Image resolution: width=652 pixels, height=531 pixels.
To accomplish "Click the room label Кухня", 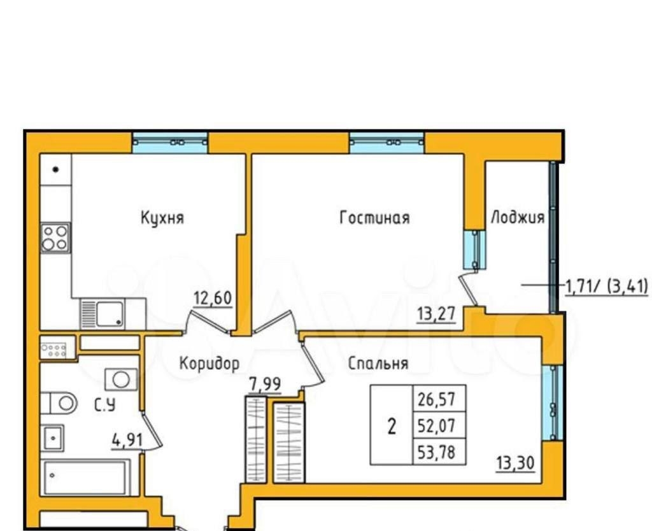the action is tap(162, 218).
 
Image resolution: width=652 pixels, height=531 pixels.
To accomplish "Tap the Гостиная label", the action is tap(374, 218).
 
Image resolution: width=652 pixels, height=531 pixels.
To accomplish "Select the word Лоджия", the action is tap(518, 218).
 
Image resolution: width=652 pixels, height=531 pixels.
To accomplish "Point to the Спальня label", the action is tap(378, 364).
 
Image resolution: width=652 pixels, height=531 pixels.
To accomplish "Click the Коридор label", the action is tap(209, 364).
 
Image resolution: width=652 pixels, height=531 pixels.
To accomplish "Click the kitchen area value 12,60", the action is tap(213, 298).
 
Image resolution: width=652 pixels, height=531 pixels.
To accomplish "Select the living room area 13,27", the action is tap(436, 314).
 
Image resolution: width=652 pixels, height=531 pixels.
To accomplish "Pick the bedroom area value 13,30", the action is tap(515, 463).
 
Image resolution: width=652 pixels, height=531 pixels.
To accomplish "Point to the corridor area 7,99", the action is tap(265, 384).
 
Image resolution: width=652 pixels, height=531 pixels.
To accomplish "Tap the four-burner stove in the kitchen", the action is tap(55, 237).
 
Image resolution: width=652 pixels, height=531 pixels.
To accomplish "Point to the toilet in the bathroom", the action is tap(59, 402).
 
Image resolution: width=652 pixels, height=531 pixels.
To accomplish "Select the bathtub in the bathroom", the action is tap(85, 478).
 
